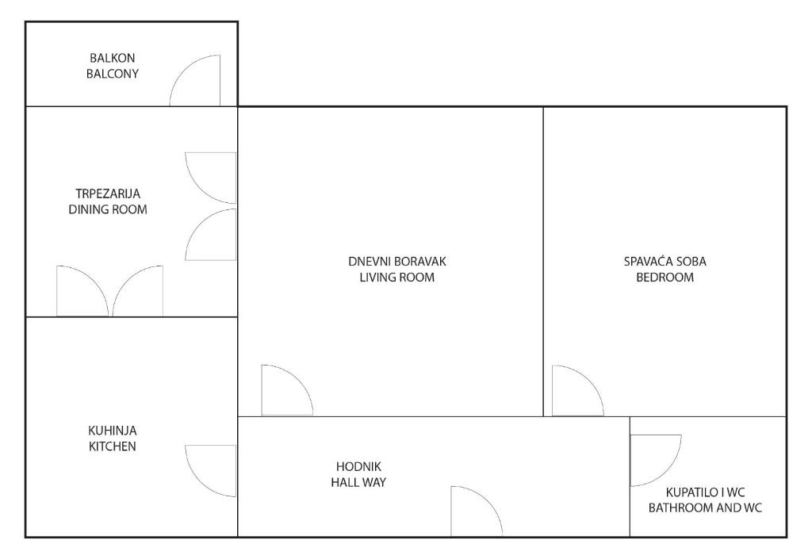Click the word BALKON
(x=113, y=58)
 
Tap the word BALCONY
(x=113, y=74)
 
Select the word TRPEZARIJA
(x=108, y=193)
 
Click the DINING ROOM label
(x=108, y=209)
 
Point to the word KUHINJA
(x=113, y=430)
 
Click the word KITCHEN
(x=113, y=446)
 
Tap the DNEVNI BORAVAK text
(x=397, y=262)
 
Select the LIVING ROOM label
(x=397, y=277)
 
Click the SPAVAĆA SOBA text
(x=665, y=262)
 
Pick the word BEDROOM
(x=665, y=277)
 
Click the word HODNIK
(x=359, y=466)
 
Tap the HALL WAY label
(x=359, y=482)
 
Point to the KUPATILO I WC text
(x=705, y=492)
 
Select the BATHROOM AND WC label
(x=705, y=507)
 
